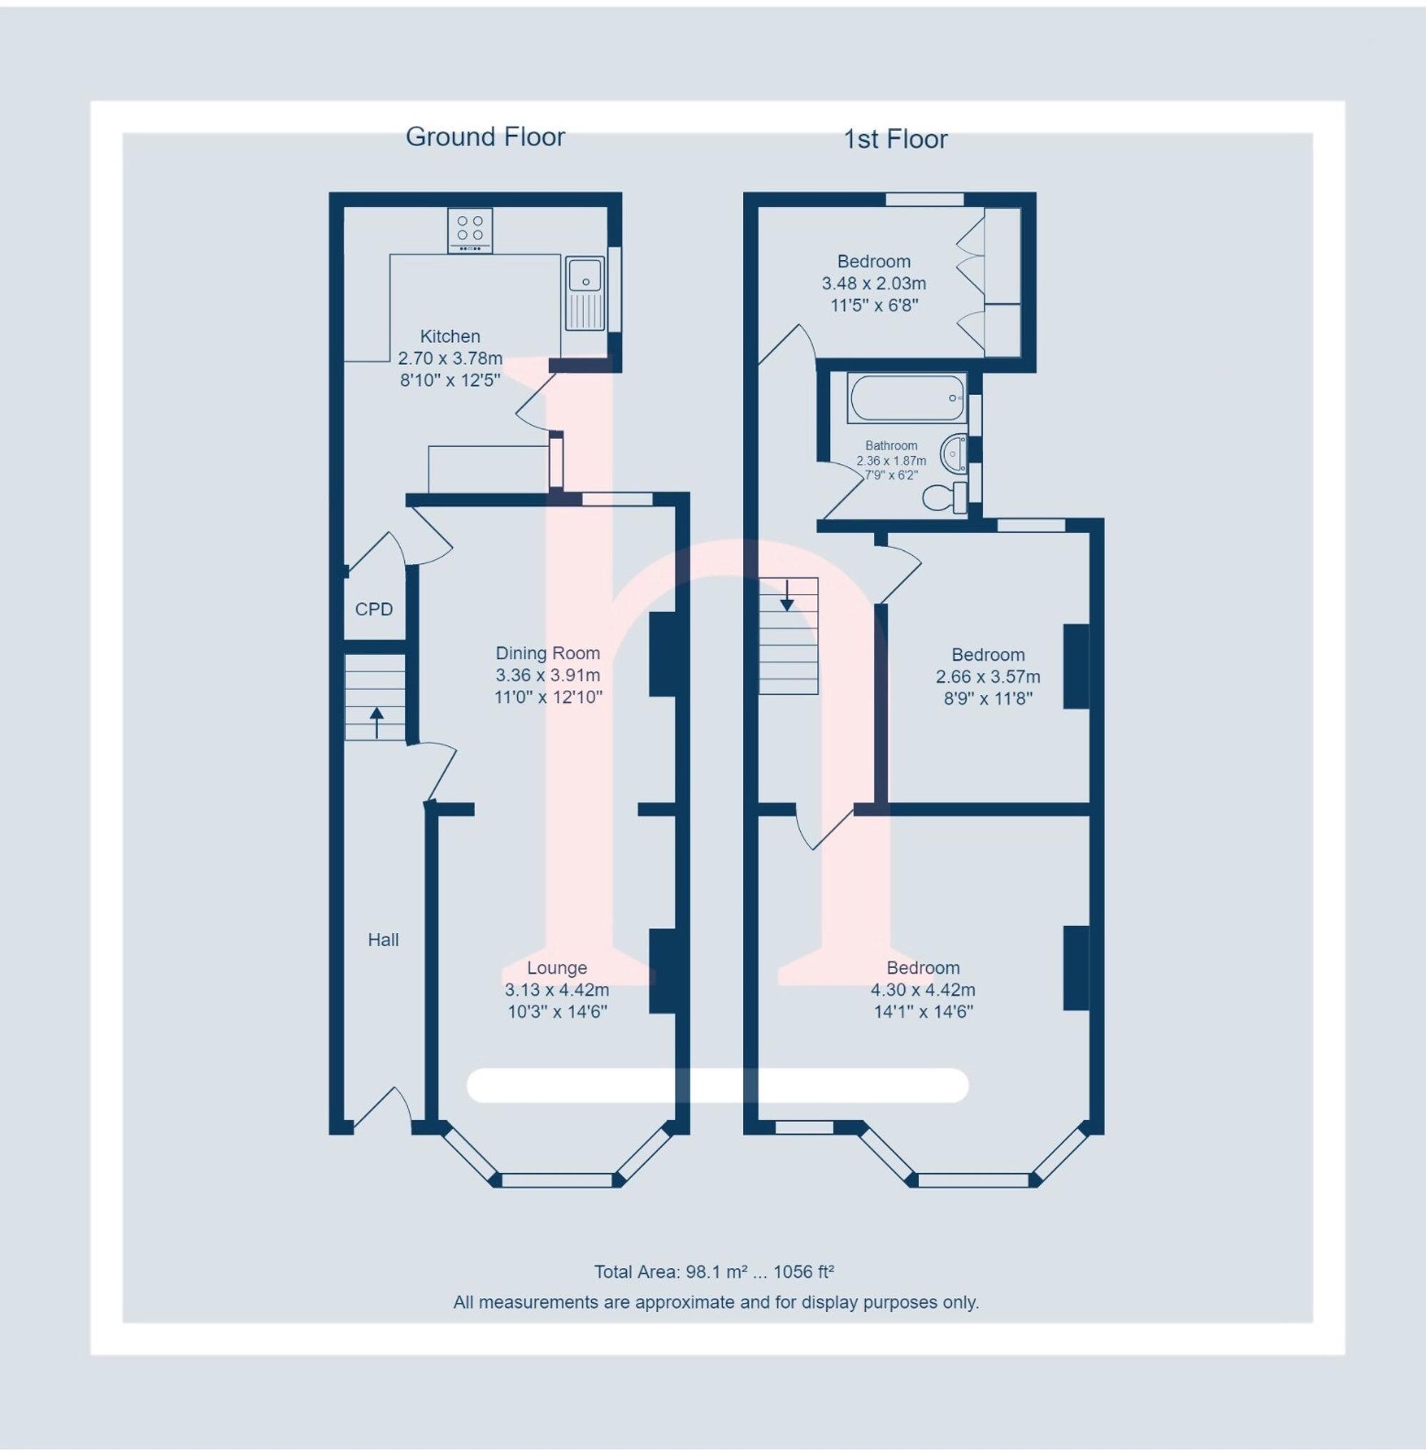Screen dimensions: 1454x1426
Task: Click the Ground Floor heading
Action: click(x=485, y=137)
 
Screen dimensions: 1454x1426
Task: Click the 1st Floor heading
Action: click(x=895, y=139)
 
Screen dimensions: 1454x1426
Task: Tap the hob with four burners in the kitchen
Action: click(x=470, y=229)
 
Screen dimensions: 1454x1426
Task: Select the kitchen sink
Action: click(x=585, y=293)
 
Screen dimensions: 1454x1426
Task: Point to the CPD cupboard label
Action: click(x=374, y=609)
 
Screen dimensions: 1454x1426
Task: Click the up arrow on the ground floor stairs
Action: click(x=376, y=722)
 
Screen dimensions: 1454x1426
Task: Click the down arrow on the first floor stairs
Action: click(x=786, y=597)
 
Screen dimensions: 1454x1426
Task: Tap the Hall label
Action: click(x=383, y=939)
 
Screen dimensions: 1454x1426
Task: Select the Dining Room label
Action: click(x=548, y=653)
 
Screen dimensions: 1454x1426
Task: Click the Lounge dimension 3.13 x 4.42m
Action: click(x=556, y=990)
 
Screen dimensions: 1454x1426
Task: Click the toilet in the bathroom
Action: click(x=945, y=496)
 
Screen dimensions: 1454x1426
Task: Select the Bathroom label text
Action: click(x=891, y=445)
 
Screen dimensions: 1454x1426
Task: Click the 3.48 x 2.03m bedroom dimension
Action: click(x=873, y=284)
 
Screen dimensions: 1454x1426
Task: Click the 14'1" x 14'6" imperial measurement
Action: click(x=923, y=1012)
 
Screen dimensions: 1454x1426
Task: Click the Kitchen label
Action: click(x=449, y=336)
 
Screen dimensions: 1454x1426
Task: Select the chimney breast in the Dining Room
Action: click(x=663, y=654)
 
